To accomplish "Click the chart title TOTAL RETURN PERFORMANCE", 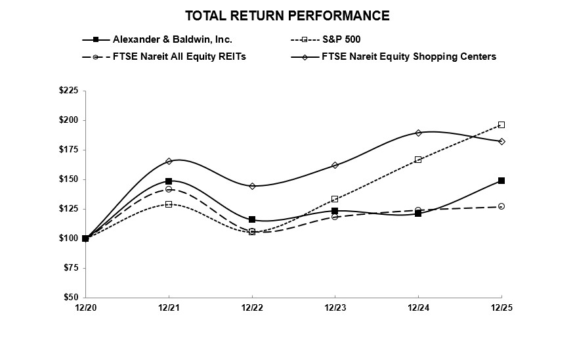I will [287, 16].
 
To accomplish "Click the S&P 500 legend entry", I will [347, 39].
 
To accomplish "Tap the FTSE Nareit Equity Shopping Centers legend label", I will [408, 56].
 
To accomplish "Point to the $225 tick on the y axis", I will [68, 91].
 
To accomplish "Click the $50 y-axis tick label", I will [70, 298].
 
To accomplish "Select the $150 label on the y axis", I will [68, 179].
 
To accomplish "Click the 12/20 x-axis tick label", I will [85, 307].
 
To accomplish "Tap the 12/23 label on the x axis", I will [335, 307].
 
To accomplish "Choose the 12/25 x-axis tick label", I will [501, 307].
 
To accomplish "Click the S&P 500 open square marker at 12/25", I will [501, 125].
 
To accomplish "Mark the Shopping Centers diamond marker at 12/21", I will [169, 161].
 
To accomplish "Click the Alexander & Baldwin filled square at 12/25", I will [501, 181].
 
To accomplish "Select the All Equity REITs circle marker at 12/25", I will [501, 206].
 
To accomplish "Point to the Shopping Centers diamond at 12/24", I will [418, 133].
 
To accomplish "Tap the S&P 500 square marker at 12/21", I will [169, 204].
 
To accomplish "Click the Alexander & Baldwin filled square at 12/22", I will [252, 219].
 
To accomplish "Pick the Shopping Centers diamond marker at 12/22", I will [252, 186].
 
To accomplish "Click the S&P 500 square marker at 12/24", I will [418, 160].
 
